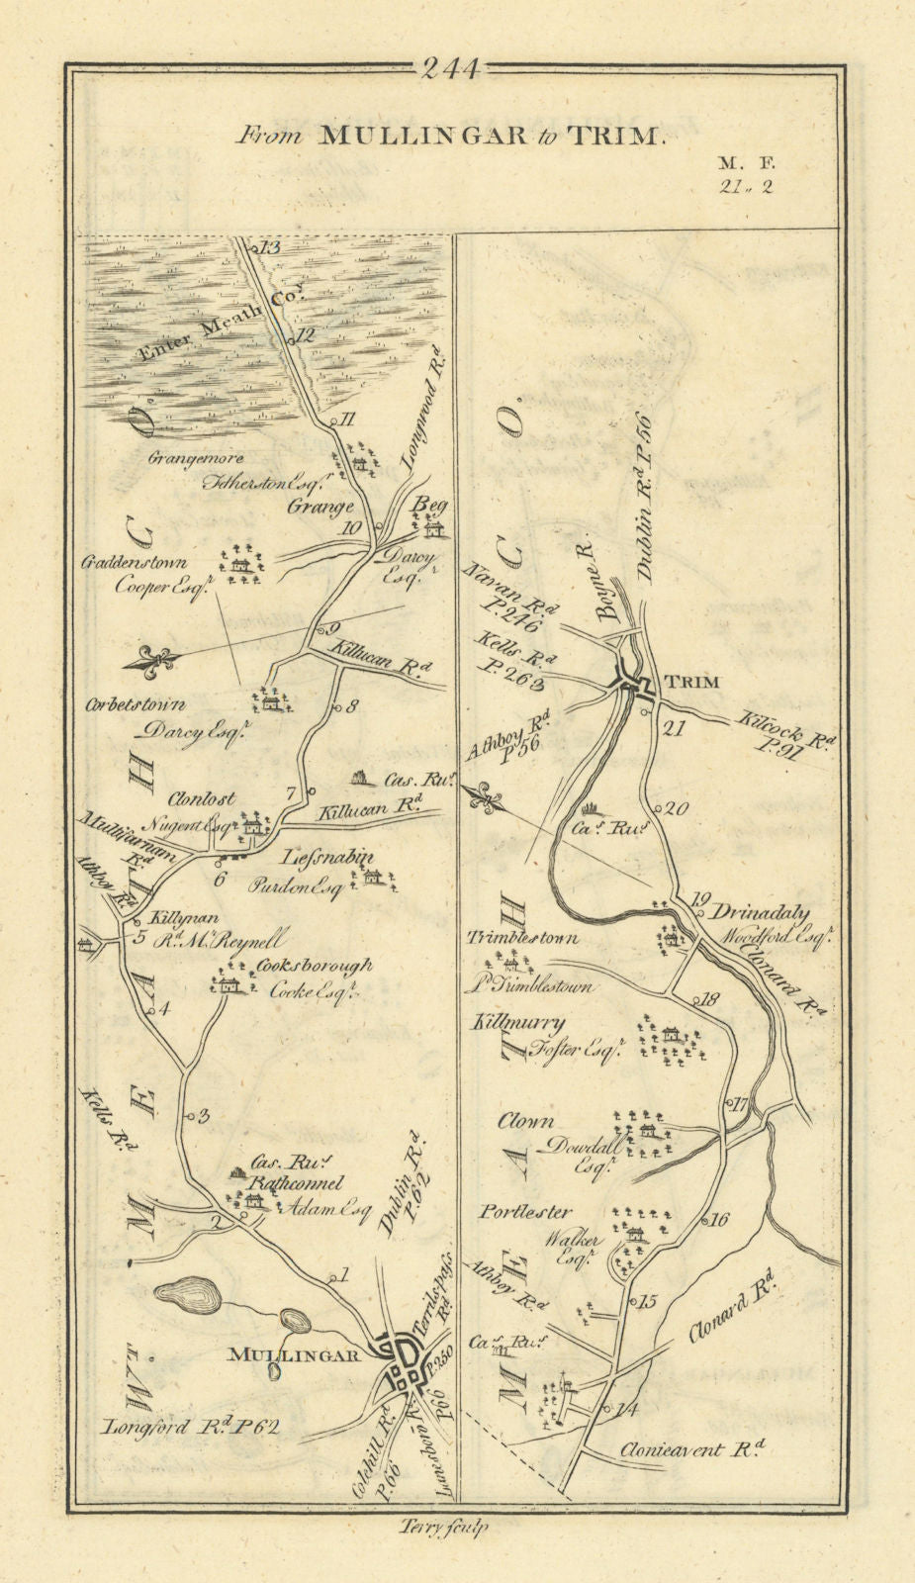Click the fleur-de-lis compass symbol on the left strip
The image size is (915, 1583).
158,657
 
